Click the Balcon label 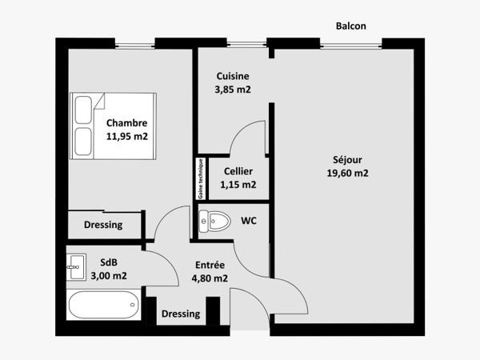point(351,26)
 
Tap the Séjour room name point(347,158)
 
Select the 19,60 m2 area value point(347,172)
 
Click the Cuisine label point(233,76)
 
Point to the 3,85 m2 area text point(233,90)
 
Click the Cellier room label point(238,171)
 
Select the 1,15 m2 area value point(238,185)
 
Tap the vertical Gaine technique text point(201,178)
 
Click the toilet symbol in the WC point(214,219)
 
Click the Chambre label point(126,123)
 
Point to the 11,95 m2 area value point(126,136)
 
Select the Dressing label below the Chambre point(103,225)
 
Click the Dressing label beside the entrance point(181,314)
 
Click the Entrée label point(210,265)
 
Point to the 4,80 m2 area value point(210,278)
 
